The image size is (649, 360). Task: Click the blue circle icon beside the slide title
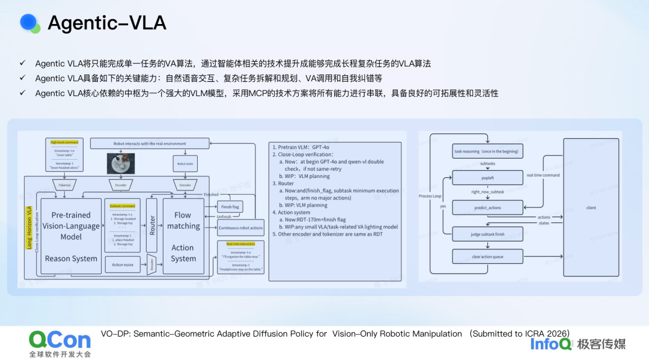pyautogui.click(x=29, y=22)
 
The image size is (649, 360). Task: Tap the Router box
pyautogui.click(x=152, y=226)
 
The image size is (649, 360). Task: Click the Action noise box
pyautogui.click(x=122, y=263)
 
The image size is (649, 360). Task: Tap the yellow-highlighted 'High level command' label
pyautogui.click(x=64, y=142)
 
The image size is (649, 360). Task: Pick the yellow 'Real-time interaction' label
pyautogui.click(x=240, y=244)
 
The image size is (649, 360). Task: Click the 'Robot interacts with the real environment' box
pyautogui.click(x=150, y=144)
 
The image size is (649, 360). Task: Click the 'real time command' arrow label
pyautogui.click(x=543, y=175)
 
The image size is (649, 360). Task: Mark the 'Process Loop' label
pyautogui.click(x=430, y=197)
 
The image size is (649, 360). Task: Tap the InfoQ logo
pyautogui.click(x=550, y=343)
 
